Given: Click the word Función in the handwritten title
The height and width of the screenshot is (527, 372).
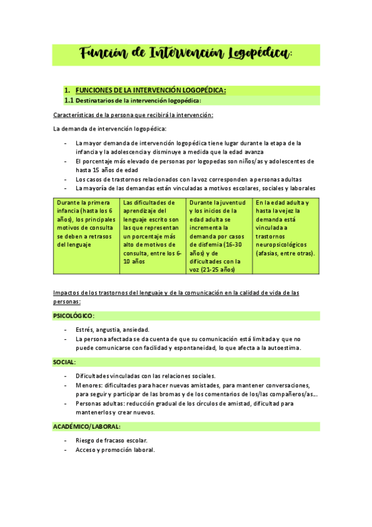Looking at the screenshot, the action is pyautogui.click(x=102, y=54).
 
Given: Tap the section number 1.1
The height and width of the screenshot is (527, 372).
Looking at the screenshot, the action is pyautogui.click(x=69, y=100).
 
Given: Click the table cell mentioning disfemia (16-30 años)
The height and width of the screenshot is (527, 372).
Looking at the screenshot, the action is pyautogui.click(x=219, y=236).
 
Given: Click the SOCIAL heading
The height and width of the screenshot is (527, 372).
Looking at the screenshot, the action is pyautogui.click(x=65, y=362).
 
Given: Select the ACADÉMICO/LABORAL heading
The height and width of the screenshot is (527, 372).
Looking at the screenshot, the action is pyautogui.click(x=87, y=426).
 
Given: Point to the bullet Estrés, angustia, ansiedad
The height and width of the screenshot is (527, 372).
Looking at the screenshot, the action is pyautogui.click(x=112, y=329).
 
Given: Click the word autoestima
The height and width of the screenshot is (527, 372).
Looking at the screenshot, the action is pyautogui.click(x=282, y=348).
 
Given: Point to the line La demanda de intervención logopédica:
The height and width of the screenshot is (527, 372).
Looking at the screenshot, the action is pyautogui.click(x=110, y=129).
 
